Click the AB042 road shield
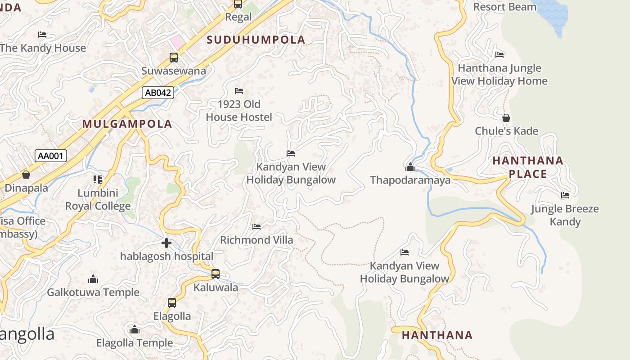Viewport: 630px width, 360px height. click(158, 93)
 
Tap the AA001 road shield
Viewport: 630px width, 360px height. click(51, 156)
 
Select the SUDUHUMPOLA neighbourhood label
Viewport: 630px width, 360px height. click(256, 40)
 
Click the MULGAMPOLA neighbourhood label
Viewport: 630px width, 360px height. click(127, 124)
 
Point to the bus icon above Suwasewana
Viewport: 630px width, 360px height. click(174, 58)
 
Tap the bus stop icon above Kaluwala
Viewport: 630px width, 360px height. click(216, 274)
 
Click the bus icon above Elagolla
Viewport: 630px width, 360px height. click(172, 303)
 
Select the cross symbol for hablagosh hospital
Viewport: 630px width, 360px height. click(166, 243)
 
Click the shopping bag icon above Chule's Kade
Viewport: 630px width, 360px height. click(506, 118)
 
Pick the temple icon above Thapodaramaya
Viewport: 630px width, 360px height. click(410, 167)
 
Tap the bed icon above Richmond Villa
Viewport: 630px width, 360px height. click(256, 227)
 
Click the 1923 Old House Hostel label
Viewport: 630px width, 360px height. click(239, 111)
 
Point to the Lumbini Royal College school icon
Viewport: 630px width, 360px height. click(98, 180)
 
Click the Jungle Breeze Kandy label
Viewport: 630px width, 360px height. click(565, 215)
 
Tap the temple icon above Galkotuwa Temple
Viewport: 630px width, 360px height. click(93, 279)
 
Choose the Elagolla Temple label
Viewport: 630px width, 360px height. click(135, 343)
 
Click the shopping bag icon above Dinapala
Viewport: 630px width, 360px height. click(26, 175)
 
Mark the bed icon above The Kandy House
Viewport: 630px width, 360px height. click(42, 35)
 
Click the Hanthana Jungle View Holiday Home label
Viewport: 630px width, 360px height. click(499, 75)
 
